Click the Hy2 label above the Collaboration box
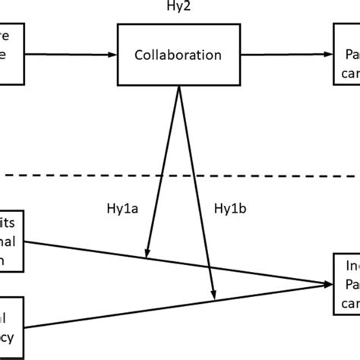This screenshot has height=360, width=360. click(x=178, y=8)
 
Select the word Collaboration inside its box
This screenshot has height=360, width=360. click(x=178, y=55)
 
